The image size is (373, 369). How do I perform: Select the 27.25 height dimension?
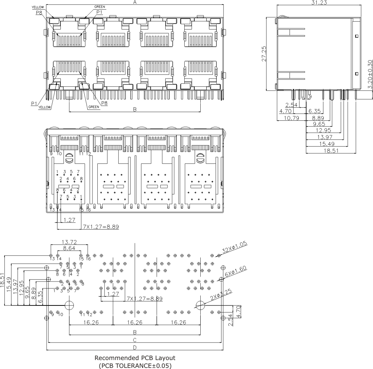tap(264, 54)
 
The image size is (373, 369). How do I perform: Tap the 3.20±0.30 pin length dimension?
tap(370, 74)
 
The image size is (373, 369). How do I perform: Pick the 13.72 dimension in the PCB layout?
tap(69, 242)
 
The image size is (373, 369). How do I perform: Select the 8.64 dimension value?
tap(69, 248)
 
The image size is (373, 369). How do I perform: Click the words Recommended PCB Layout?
tap(135, 358)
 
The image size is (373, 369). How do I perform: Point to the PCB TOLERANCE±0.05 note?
tap(135, 365)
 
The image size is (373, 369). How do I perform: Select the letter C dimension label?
tap(135, 340)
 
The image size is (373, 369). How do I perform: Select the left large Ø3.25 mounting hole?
tap(69, 305)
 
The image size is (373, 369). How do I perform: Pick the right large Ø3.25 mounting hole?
tap(200, 305)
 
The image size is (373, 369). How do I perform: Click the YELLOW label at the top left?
tap(38, 7)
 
